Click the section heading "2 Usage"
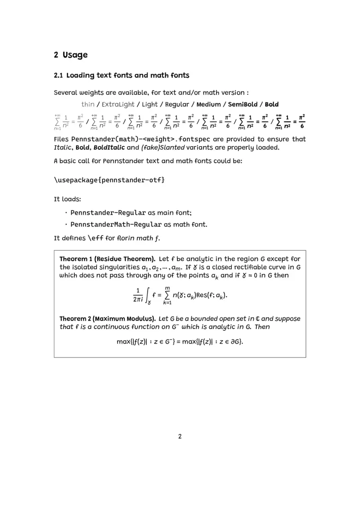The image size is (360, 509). pos(71,55)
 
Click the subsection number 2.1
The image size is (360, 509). pos(58,76)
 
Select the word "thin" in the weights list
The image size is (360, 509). pos(88,104)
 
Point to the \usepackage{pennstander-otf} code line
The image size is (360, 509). pos(109,180)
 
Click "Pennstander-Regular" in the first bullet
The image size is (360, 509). pos(108,213)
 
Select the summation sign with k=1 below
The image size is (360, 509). pos(167,295)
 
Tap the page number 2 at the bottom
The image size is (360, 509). pos(180,436)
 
